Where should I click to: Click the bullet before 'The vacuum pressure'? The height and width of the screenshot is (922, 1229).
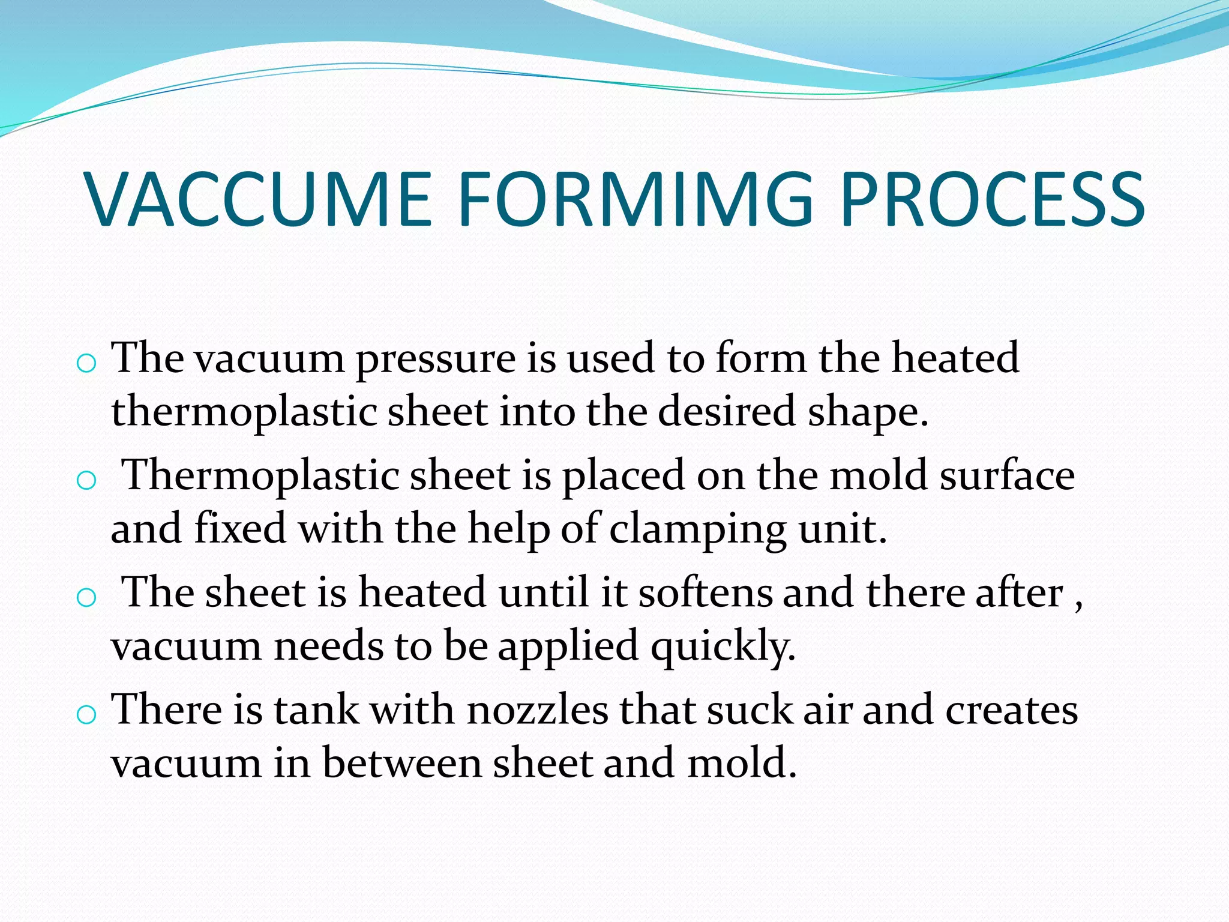tap(87, 363)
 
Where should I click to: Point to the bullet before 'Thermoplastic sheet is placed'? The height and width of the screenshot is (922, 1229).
tap(87, 480)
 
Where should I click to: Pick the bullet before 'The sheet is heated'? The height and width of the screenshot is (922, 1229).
tap(87, 597)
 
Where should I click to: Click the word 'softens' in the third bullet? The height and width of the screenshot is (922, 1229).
tap(705, 592)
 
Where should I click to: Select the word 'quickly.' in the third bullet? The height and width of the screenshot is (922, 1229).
tap(724, 648)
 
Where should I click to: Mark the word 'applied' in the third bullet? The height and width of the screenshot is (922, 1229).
tap(568, 648)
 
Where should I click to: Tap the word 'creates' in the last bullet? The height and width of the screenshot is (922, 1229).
tap(1012, 710)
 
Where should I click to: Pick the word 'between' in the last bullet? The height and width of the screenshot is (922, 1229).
tap(402, 763)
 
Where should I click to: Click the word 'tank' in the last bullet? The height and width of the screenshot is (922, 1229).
tap(316, 710)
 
